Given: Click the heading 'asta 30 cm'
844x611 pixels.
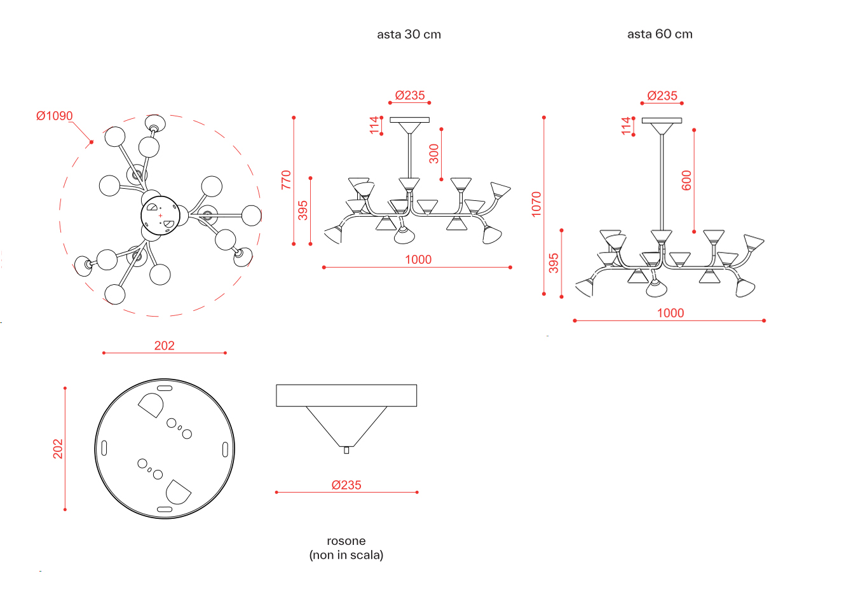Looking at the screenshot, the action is [x=409, y=34].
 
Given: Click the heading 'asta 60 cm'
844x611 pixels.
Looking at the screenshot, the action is [x=660, y=34].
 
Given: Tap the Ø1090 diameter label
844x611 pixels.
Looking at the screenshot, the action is [x=54, y=116].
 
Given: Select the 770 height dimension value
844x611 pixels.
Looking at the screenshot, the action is [x=286, y=180].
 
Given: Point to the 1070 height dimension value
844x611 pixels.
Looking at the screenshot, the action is [x=536, y=204].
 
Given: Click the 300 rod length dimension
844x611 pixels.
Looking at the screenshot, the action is [x=433, y=154].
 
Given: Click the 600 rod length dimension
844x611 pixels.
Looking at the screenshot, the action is [x=686, y=181].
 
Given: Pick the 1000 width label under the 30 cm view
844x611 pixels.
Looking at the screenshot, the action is [x=418, y=259].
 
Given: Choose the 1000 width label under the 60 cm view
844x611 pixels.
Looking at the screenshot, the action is [x=670, y=313].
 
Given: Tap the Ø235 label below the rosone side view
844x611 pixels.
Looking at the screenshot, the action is [x=346, y=484].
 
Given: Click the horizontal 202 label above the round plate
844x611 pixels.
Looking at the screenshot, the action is [x=164, y=345].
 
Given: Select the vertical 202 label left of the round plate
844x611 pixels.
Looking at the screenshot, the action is [x=58, y=448].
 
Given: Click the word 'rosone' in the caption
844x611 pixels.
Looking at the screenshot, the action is [x=346, y=541].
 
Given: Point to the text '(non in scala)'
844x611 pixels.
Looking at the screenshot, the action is [x=346, y=555].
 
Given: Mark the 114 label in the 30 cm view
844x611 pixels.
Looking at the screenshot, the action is [x=374, y=125].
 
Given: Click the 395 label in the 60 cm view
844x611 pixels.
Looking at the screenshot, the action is [x=553, y=263].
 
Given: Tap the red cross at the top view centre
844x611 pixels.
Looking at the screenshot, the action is [x=161, y=216].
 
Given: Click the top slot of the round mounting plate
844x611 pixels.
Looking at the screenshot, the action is [x=165, y=388].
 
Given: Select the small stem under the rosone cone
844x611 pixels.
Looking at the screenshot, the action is [x=346, y=450].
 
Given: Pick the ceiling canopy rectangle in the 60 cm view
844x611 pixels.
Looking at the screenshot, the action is [x=662, y=121].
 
